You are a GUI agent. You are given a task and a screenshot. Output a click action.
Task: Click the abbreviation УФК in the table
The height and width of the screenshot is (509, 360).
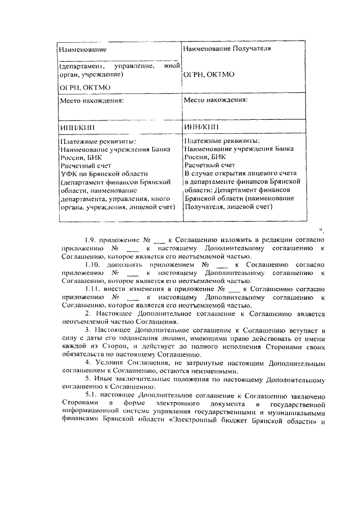[x=67, y=174]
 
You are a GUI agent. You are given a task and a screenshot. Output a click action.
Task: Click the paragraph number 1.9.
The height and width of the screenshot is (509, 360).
[x=90, y=239]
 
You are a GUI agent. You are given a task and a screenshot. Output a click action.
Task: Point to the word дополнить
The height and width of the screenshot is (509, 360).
[x=123, y=263]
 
